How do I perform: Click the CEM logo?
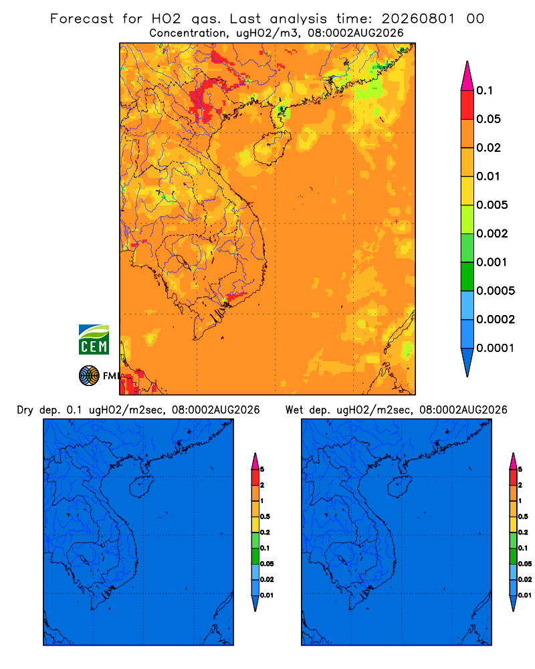tap(94, 340)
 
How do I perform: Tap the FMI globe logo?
tap(89, 375)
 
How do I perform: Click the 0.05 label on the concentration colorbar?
tap(488, 119)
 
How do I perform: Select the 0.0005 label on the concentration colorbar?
tap(496, 291)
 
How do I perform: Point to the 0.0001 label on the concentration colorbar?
tap(496, 348)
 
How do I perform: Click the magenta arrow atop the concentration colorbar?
tap(467, 76)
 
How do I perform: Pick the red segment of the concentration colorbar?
tap(467, 105)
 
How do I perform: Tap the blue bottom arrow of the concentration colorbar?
tap(467, 362)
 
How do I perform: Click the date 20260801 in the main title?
tap(418, 19)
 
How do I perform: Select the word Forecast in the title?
tap(82, 19)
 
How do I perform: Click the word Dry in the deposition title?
tap(25, 411)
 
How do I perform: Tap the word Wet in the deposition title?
tap(294, 410)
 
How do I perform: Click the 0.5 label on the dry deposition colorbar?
tap(265, 516)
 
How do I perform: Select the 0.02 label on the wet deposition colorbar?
tap(525, 579)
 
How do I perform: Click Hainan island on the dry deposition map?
tap(140, 487)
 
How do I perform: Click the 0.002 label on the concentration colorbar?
tap(492, 233)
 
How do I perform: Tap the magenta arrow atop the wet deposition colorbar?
tap(513, 461)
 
